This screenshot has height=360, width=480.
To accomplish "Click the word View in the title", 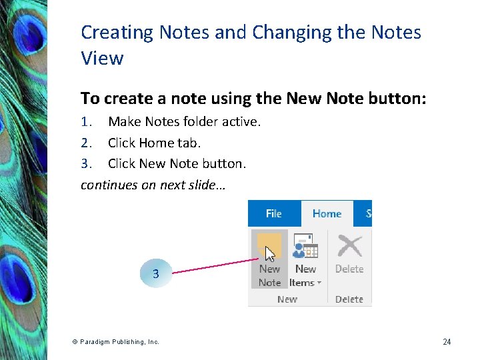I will (x=102, y=58).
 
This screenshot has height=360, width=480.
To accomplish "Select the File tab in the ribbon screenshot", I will (x=273, y=213).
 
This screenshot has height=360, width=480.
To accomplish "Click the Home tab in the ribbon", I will (x=327, y=213).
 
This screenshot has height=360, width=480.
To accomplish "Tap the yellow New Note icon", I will (x=269, y=246).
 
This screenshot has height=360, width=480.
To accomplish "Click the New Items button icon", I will (x=305, y=246).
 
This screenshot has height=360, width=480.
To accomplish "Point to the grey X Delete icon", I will (x=349, y=246).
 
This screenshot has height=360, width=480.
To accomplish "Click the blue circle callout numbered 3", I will (x=155, y=273).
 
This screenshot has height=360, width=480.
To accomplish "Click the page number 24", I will (x=447, y=342).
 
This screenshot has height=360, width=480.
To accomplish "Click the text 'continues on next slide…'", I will (x=153, y=185).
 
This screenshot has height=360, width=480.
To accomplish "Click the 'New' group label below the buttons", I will (x=287, y=299).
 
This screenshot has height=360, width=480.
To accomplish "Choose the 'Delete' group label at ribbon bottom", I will (x=349, y=299).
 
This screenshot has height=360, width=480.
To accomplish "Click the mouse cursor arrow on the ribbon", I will (x=270, y=254).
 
